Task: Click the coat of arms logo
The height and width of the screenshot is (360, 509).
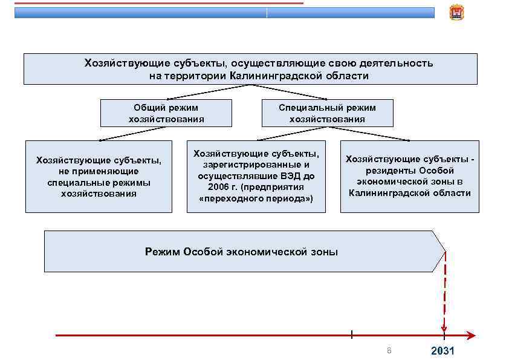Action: pyautogui.click(x=456, y=12)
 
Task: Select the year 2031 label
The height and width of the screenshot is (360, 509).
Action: pyautogui.click(x=442, y=352)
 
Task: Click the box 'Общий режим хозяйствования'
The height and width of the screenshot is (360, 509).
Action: pyautogui.click(x=166, y=113)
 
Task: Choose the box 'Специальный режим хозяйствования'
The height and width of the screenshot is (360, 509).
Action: pyautogui.click(x=327, y=113)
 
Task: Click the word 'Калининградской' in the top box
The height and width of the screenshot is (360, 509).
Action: pyautogui.click(x=273, y=76)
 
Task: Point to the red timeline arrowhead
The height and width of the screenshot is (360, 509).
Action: pyautogui.click(x=472, y=335)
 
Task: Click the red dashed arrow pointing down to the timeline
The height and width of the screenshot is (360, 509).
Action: pyautogui.click(x=444, y=296)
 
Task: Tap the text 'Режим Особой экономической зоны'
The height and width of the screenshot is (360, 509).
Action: pyautogui.click(x=241, y=252)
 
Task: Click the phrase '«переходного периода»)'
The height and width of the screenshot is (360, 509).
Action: pyautogui.click(x=256, y=198)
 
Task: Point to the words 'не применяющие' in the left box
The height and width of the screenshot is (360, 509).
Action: pyautogui.click(x=99, y=171)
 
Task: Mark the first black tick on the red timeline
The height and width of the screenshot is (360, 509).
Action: pyautogui.click(x=351, y=334)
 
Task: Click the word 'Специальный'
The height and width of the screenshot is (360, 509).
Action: pyautogui.click(x=307, y=108)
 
